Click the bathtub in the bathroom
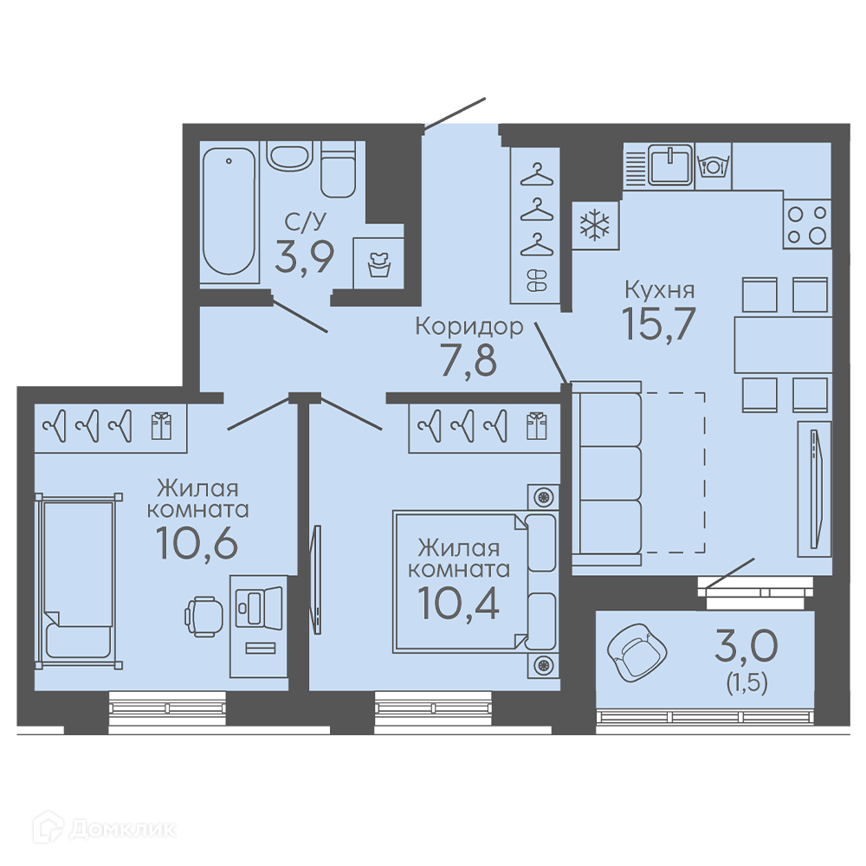coord(229,211)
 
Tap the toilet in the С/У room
coord(338,170)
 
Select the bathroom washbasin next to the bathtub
coord(289,155)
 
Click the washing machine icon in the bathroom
coord(379,264)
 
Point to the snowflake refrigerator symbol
coord(595,225)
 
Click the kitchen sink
coord(670,164)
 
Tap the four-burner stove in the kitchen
coord(807,223)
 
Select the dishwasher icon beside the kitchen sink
coord(713,165)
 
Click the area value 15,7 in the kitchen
coord(658,324)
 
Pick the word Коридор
coord(469,326)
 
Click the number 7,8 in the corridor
coord(469,359)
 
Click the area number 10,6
coord(197,544)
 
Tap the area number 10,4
coord(458,603)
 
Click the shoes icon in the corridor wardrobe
coord(536,280)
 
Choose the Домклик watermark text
coord(123,829)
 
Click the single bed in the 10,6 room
coord(78,580)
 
